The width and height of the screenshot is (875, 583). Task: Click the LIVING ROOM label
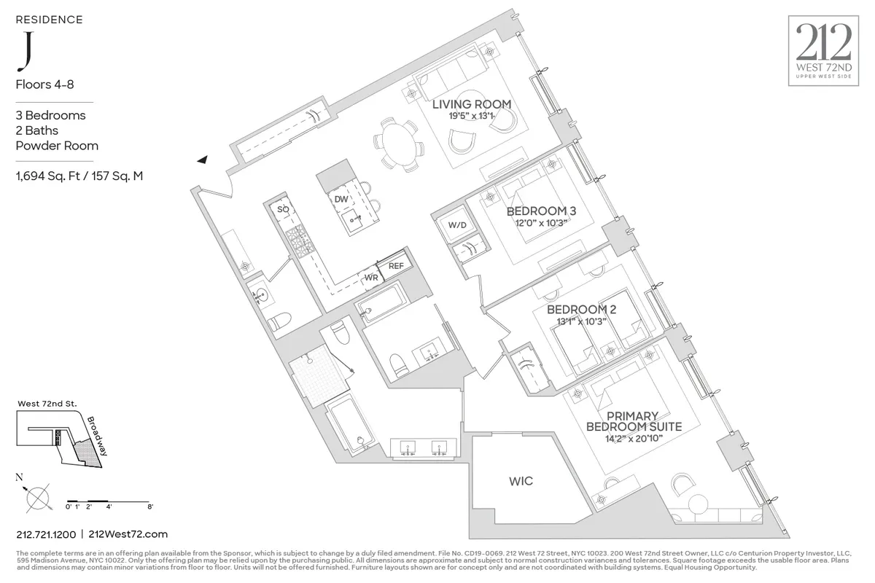click(x=471, y=104)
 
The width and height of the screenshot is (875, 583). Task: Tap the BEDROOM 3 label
click(x=541, y=211)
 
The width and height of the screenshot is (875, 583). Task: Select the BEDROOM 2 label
click(x=581, y=310)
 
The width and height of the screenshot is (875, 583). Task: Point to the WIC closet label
click(x=521, y=482)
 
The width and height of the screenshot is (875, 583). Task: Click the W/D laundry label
click(x=457, y=225)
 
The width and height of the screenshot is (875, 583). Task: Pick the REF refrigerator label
click(x=396, y=266)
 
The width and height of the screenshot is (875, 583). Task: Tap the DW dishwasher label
click(x=341, y=199)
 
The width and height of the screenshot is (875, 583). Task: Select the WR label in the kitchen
click(x=370, y=278)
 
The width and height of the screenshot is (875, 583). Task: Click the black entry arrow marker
click(x=201, y=159)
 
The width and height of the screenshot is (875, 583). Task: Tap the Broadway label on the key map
click(x=96, y=436)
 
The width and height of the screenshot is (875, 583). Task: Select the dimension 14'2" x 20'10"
click(x=634, y=439)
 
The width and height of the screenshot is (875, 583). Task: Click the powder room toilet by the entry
click(x=279, y=321)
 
